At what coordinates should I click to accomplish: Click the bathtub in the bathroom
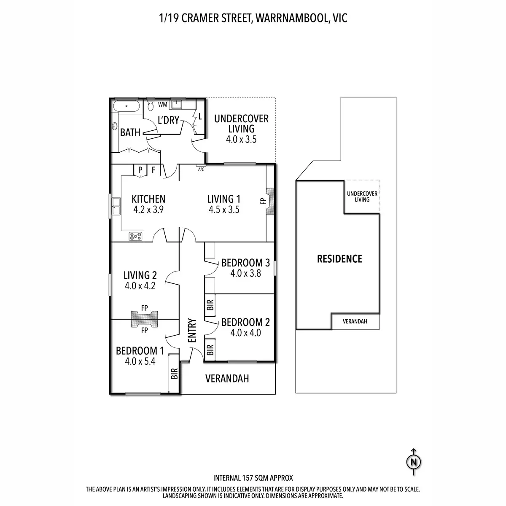(126, 106)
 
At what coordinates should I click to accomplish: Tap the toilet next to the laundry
(151, 105)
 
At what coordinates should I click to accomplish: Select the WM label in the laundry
(162, 105)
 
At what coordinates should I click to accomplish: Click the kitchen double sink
(116, 206)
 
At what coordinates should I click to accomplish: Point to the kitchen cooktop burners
(135, 236)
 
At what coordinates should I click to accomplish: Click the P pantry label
(140, 170)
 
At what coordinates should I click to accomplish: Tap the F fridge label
(153, 170)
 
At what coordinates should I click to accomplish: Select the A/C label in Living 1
(201, 170)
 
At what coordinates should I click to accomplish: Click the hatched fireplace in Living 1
(270, 201)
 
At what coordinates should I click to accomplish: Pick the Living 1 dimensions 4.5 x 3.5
(224, 210)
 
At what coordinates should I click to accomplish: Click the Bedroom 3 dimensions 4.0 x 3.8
(245, 273)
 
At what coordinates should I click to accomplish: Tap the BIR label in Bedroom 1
(174, 374)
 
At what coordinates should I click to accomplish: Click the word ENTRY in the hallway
(192, 330)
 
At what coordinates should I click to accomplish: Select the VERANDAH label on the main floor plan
(227, 378)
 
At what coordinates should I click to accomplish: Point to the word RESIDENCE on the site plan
(339, 258)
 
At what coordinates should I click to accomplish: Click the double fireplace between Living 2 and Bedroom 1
(145, 319)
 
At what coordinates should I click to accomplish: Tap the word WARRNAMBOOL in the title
(292, 18)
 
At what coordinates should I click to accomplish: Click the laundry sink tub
(176, 104)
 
